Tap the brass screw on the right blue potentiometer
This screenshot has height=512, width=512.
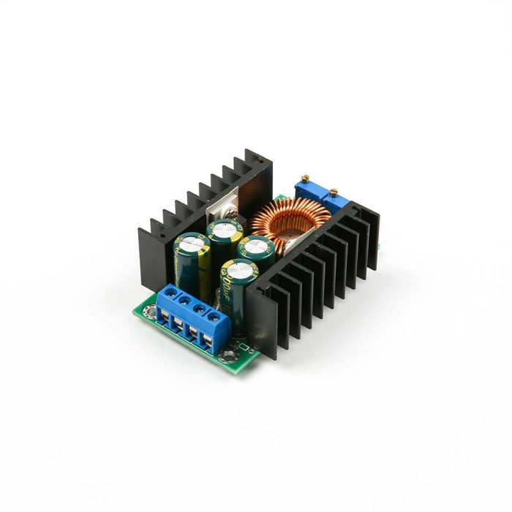(x=334, y=192)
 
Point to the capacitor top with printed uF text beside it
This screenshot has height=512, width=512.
(x=241, y=266)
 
